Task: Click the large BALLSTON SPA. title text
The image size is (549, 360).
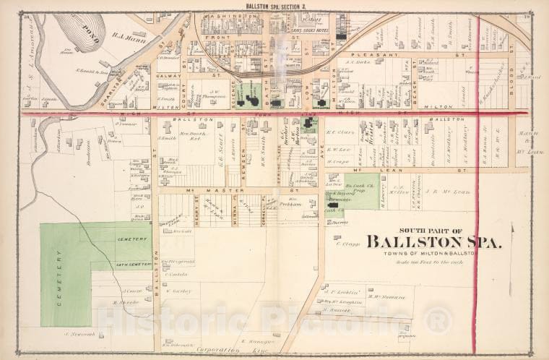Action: point(433,242)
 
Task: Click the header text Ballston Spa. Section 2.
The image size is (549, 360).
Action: point(274,5)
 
